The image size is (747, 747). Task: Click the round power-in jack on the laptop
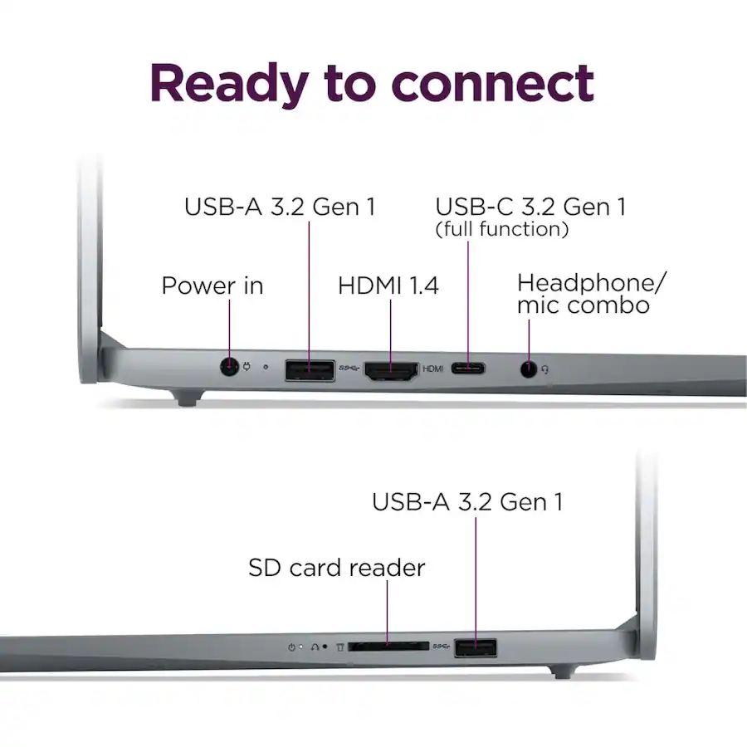coord(228,367)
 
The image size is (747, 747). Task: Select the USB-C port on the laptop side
coord(469,369)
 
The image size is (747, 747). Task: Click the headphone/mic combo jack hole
coord(528,369)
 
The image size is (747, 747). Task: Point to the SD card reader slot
coord(388,645)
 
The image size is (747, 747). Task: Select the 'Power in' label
coord(212,286)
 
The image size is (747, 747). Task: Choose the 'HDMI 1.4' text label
coord(388,286)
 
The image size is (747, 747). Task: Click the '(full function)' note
coord(502,229)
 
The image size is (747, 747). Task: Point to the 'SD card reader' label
coord(336,569)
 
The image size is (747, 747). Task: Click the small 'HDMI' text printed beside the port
coord(433,369)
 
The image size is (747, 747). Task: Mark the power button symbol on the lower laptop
coord(291,646)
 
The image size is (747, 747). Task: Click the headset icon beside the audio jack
coord(545,369)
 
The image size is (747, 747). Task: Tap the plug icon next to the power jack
coord(246,367)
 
